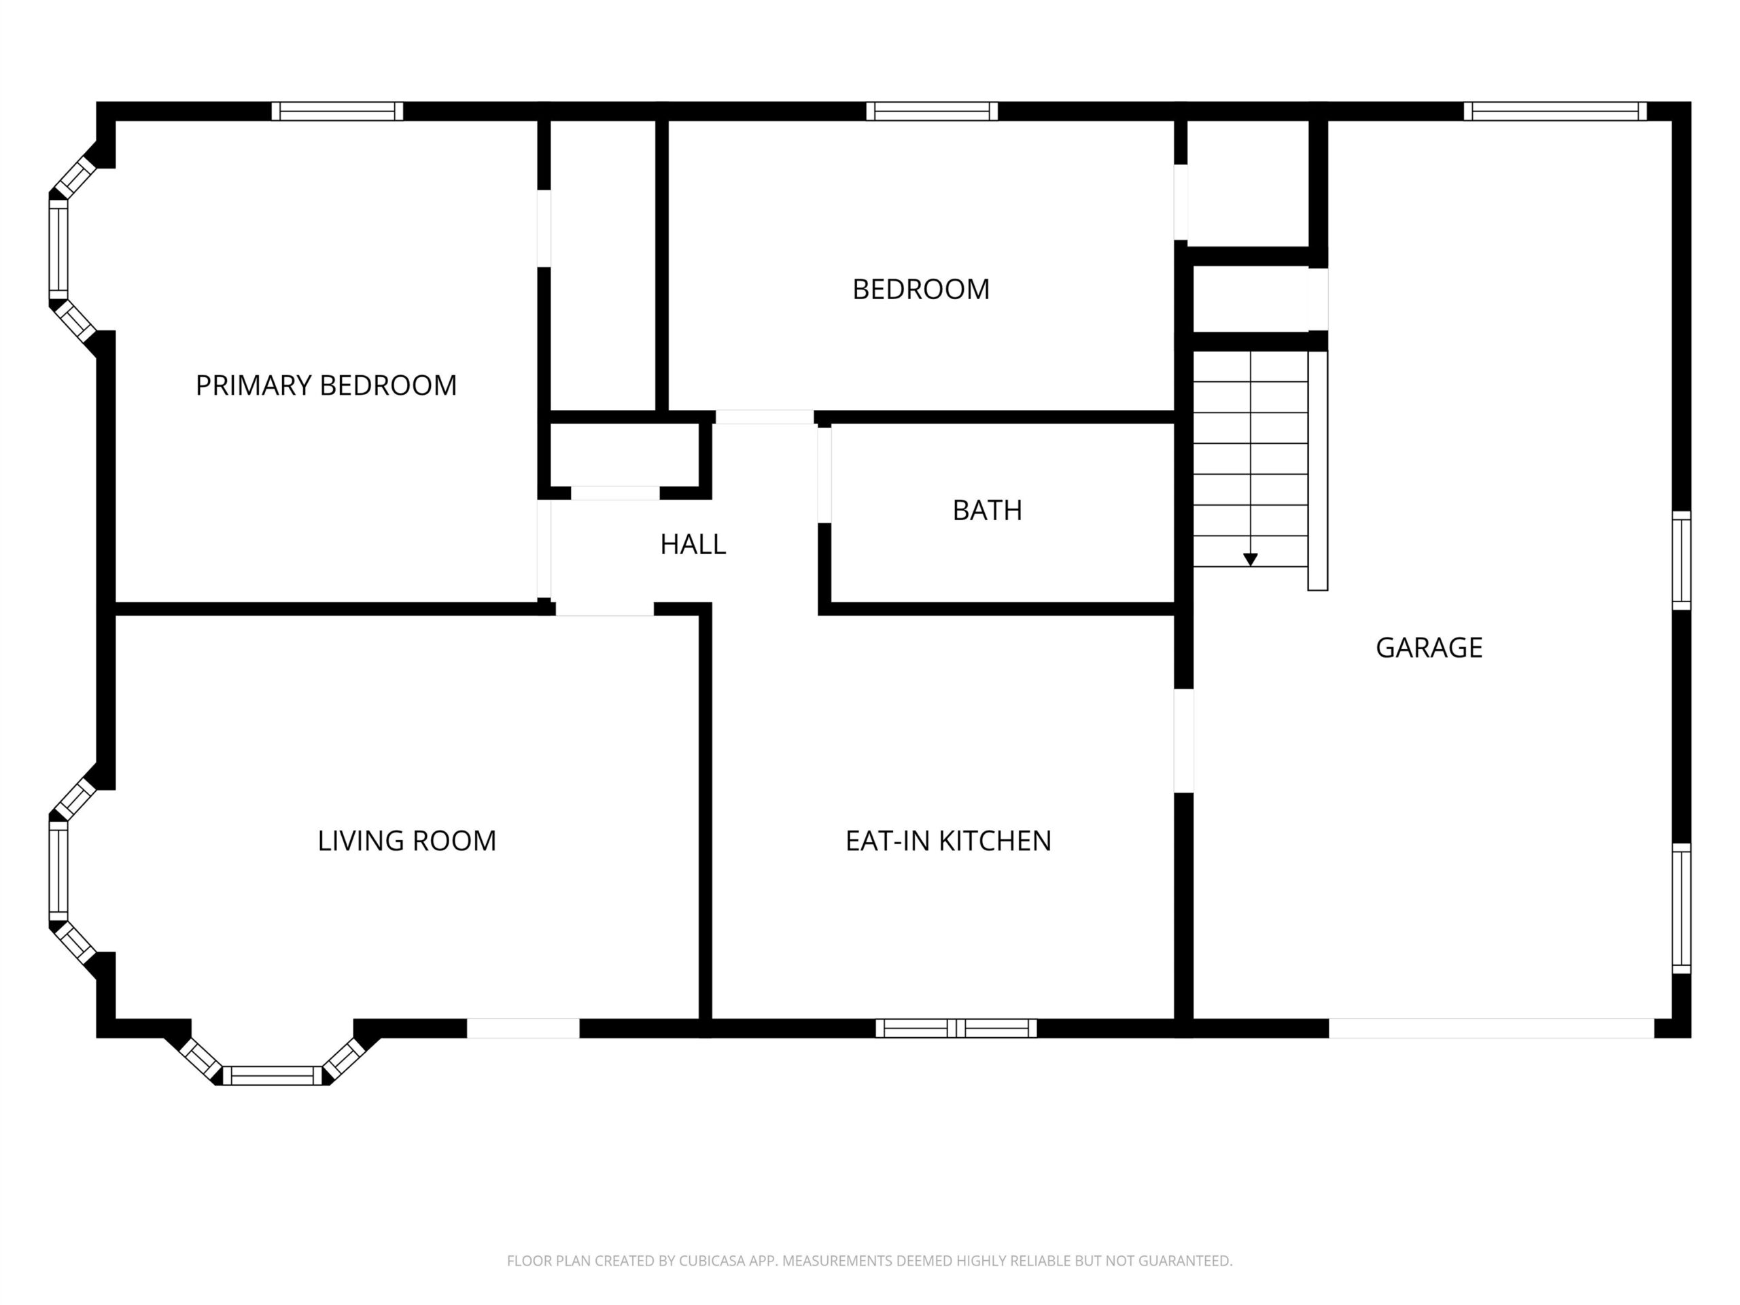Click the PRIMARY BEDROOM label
coord(326,385)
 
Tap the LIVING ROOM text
coord(406,841)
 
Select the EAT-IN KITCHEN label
coord(948,841)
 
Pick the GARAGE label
coord(1429,647)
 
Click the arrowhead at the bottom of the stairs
coord(1250,559)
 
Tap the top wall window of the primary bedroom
coord(337,111)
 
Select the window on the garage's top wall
coord(1555,111)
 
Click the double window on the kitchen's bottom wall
coord(956,1028)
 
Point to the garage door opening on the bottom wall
coord(1491,1028)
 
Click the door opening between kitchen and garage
coord(1184,740)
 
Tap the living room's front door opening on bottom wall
coord(523,1028)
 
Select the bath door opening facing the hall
coord(824,474)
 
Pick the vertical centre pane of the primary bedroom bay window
coord(58,249)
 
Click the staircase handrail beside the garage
coord(1318,470)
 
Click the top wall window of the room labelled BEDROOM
coord(932,111)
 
